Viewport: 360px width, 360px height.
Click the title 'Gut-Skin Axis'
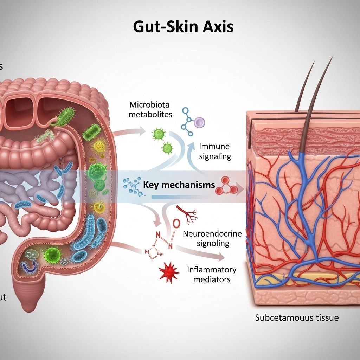point(183,27)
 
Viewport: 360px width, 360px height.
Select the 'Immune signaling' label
point(215,151)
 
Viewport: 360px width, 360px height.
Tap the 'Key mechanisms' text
point(179,185)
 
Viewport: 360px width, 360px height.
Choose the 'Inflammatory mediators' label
point(212,275)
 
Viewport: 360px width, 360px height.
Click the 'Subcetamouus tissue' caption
point(297,318)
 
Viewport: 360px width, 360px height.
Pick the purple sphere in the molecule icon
point(199,122)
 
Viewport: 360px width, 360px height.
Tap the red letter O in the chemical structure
point(177,223)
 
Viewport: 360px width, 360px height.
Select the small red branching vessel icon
point(188,214)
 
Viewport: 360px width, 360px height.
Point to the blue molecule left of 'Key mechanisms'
point(133,185)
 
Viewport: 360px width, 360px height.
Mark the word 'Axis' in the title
point(218,27)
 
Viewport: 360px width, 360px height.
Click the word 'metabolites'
point(151,114)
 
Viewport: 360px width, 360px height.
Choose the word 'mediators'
point(212,279)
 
